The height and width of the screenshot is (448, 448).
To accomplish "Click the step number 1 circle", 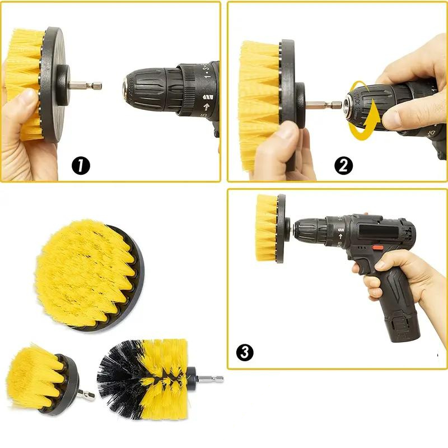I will click(81, 166).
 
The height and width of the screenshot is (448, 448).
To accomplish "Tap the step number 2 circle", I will click(344, 166).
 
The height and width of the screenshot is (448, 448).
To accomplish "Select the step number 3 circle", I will click(245, 352).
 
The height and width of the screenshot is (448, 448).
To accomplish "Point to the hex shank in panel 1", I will click(88, 86).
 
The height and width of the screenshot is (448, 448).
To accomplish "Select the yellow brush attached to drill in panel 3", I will click(266, 228).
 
